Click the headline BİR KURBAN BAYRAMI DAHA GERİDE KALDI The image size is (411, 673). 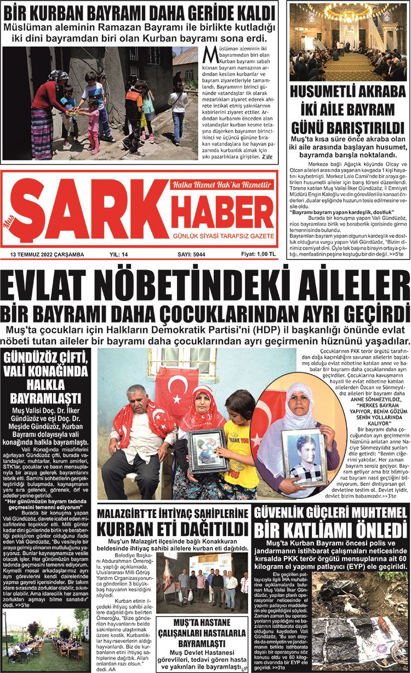tap(140, 10)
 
